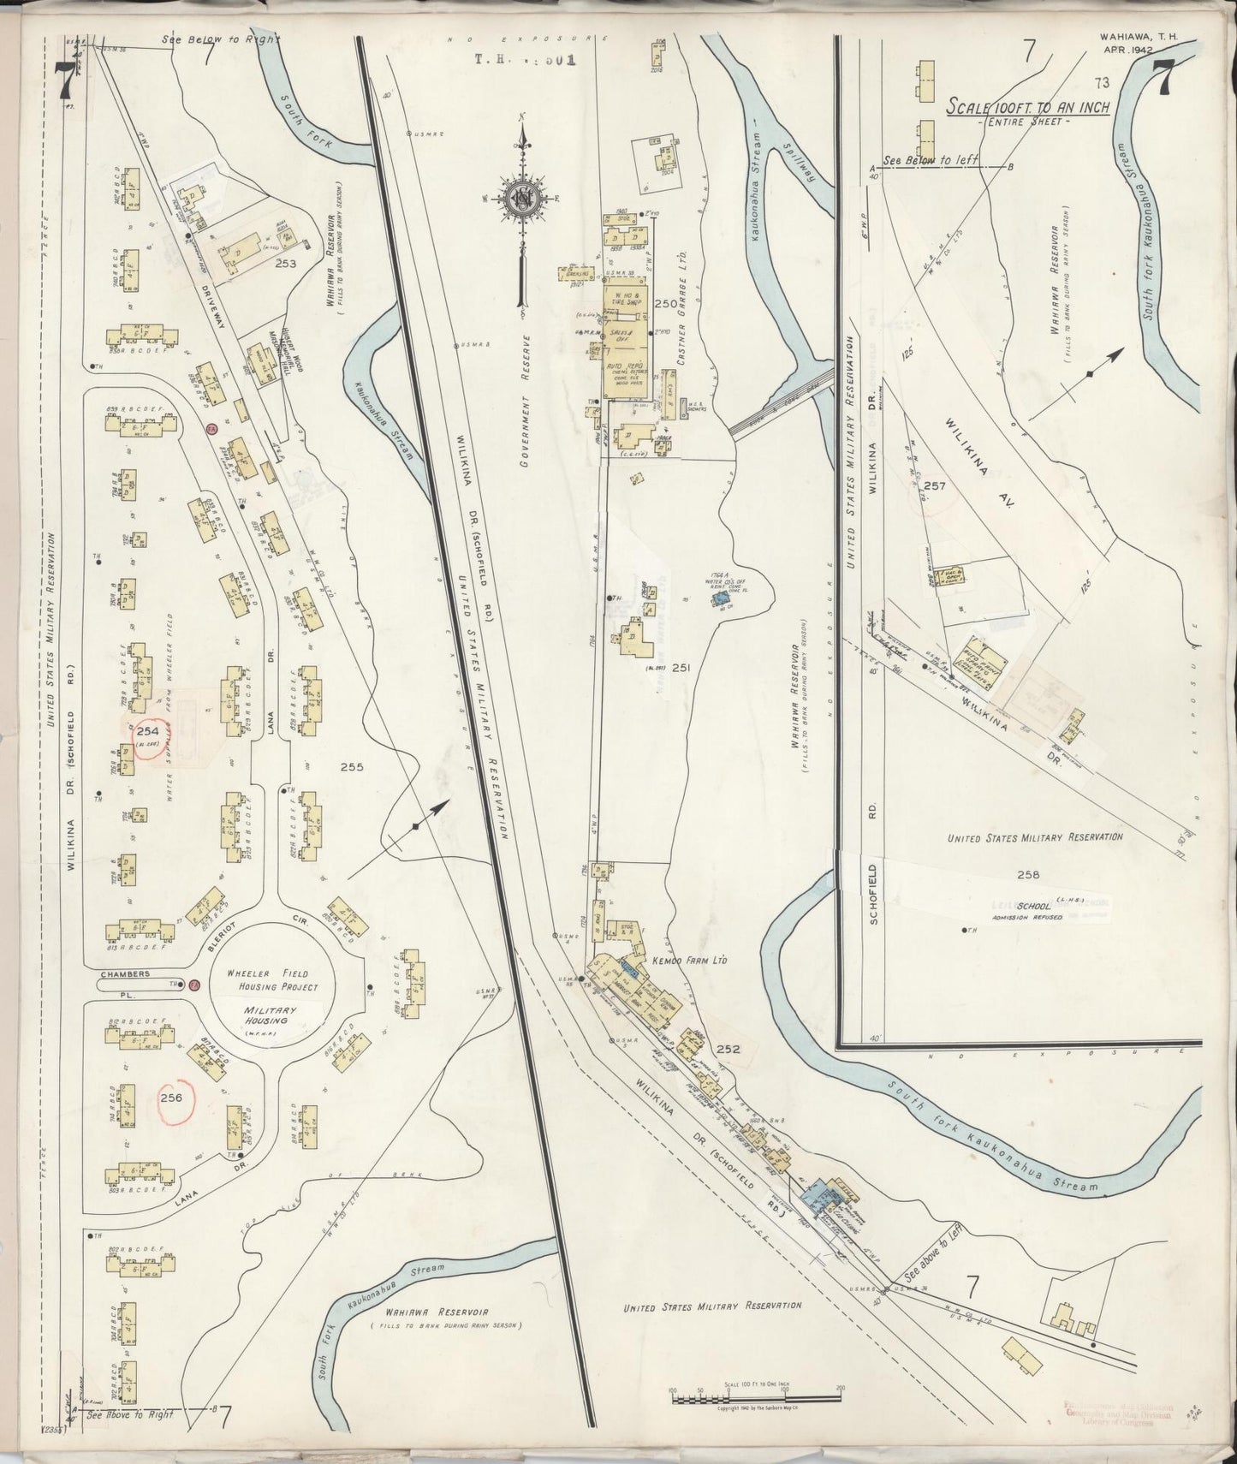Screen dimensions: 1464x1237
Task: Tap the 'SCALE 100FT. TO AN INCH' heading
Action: (1028, 108)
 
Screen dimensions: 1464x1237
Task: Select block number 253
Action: (285, 264)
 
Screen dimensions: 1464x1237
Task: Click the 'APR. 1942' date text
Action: (1130, 51)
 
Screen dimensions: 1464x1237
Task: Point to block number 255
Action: (351, 767)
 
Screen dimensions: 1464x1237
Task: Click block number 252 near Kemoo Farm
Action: (729, 1048)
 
